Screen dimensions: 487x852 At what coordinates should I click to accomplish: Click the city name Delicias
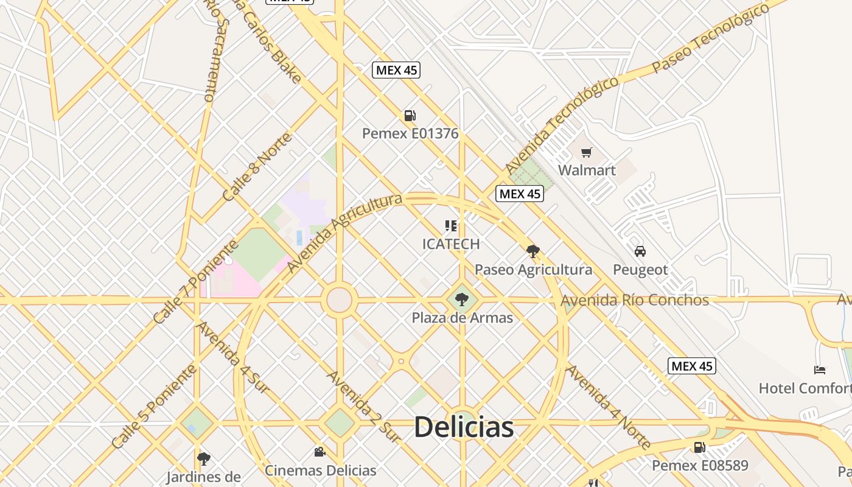pos(464,427)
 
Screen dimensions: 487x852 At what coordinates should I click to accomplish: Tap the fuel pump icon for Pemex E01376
pos(410,116)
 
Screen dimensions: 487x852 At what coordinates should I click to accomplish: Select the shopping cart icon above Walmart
pos(586,152)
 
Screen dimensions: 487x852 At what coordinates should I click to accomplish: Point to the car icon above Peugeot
pos(640,251)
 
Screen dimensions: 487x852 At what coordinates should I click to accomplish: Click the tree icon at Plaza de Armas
pos(462,299)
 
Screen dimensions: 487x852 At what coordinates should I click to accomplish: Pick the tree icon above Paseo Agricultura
pos(533,251)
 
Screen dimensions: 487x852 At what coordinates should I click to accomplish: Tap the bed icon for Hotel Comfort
pos(820,370)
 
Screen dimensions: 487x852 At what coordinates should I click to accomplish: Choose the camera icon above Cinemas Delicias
pos(319,452)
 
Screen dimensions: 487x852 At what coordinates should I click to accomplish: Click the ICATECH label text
pos(451,244)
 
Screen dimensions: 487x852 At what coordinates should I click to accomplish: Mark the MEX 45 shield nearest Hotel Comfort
pos(692,366)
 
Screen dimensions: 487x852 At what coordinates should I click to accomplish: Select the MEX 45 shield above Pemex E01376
pos(396,70)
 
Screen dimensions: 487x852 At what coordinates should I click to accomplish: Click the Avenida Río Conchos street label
pos(635,300)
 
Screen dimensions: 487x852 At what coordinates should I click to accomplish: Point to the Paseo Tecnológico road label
pos(702,38)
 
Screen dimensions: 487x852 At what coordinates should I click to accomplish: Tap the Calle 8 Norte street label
pos(256,167)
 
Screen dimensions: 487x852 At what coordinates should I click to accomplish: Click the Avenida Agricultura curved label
pos(344,233)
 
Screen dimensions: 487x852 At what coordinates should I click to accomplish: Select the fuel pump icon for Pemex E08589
pos(700,447)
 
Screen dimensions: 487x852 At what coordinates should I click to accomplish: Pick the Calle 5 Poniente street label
pos(155,406)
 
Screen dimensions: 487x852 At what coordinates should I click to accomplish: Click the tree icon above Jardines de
pos(204,458)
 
